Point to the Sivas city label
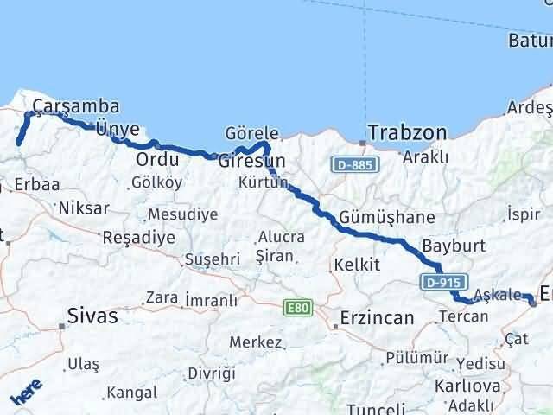pos(93,316)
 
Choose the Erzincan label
pos(378,317)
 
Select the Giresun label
pos(251,161)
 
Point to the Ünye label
pos(118,130)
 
